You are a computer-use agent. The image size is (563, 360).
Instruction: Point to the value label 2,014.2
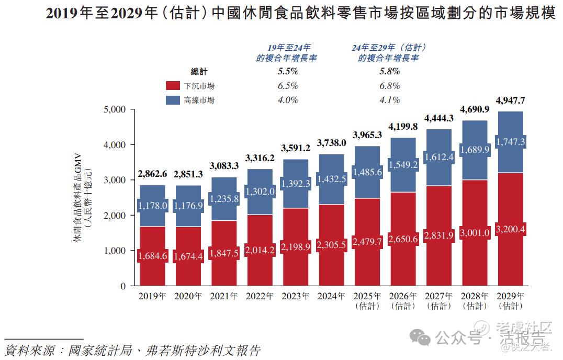(260, 250)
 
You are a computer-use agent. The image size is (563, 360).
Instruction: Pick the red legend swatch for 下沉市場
(173, 86)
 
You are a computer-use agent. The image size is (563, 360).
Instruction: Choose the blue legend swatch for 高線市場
(173, 100)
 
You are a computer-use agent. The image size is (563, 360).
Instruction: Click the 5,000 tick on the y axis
(116, 109)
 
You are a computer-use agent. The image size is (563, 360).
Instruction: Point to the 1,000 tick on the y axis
(116, 251)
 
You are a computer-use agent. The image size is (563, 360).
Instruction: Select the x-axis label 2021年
(224, 296)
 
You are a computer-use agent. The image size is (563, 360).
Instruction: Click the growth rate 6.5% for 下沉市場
(287, 86)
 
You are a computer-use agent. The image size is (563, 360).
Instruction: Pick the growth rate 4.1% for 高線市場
(389, 100)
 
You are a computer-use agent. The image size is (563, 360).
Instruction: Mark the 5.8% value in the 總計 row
(389, 71)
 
